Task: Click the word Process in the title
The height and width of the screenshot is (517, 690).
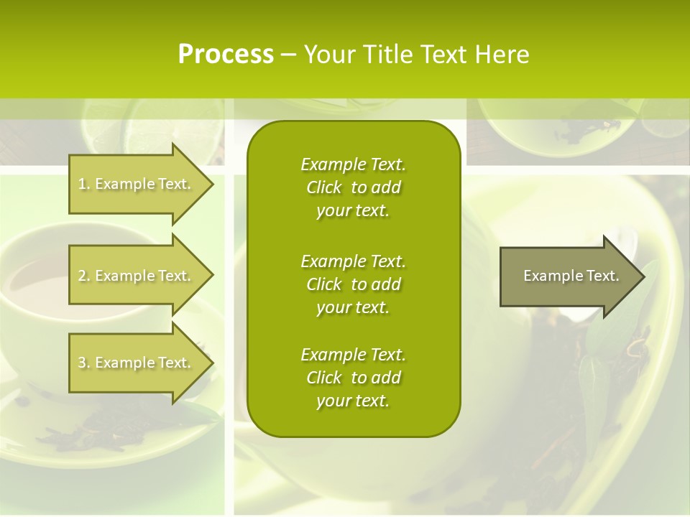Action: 226,55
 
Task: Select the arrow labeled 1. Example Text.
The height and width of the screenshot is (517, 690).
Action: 137,184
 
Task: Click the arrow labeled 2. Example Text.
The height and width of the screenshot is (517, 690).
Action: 137,276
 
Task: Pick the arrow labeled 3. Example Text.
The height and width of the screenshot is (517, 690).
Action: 137,363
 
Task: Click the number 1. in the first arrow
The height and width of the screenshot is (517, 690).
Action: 84,184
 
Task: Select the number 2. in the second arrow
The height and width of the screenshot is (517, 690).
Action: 84,276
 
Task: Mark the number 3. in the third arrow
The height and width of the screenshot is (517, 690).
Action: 84,363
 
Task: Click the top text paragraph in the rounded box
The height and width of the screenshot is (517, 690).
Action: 353,187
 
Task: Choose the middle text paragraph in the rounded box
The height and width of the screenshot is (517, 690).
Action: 353,284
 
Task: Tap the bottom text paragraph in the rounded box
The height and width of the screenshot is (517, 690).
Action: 353,378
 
